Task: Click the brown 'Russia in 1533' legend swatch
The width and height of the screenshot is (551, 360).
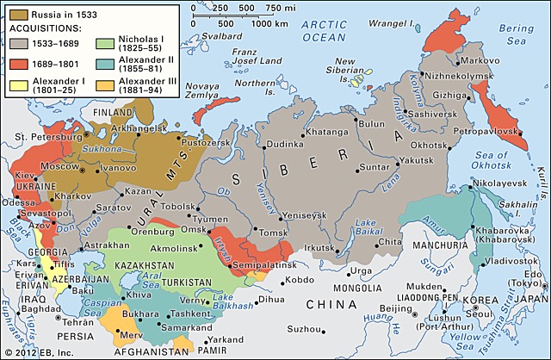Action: click(x=15, y=14)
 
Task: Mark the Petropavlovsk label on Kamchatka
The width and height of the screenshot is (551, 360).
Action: click(x=486, y=131)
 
